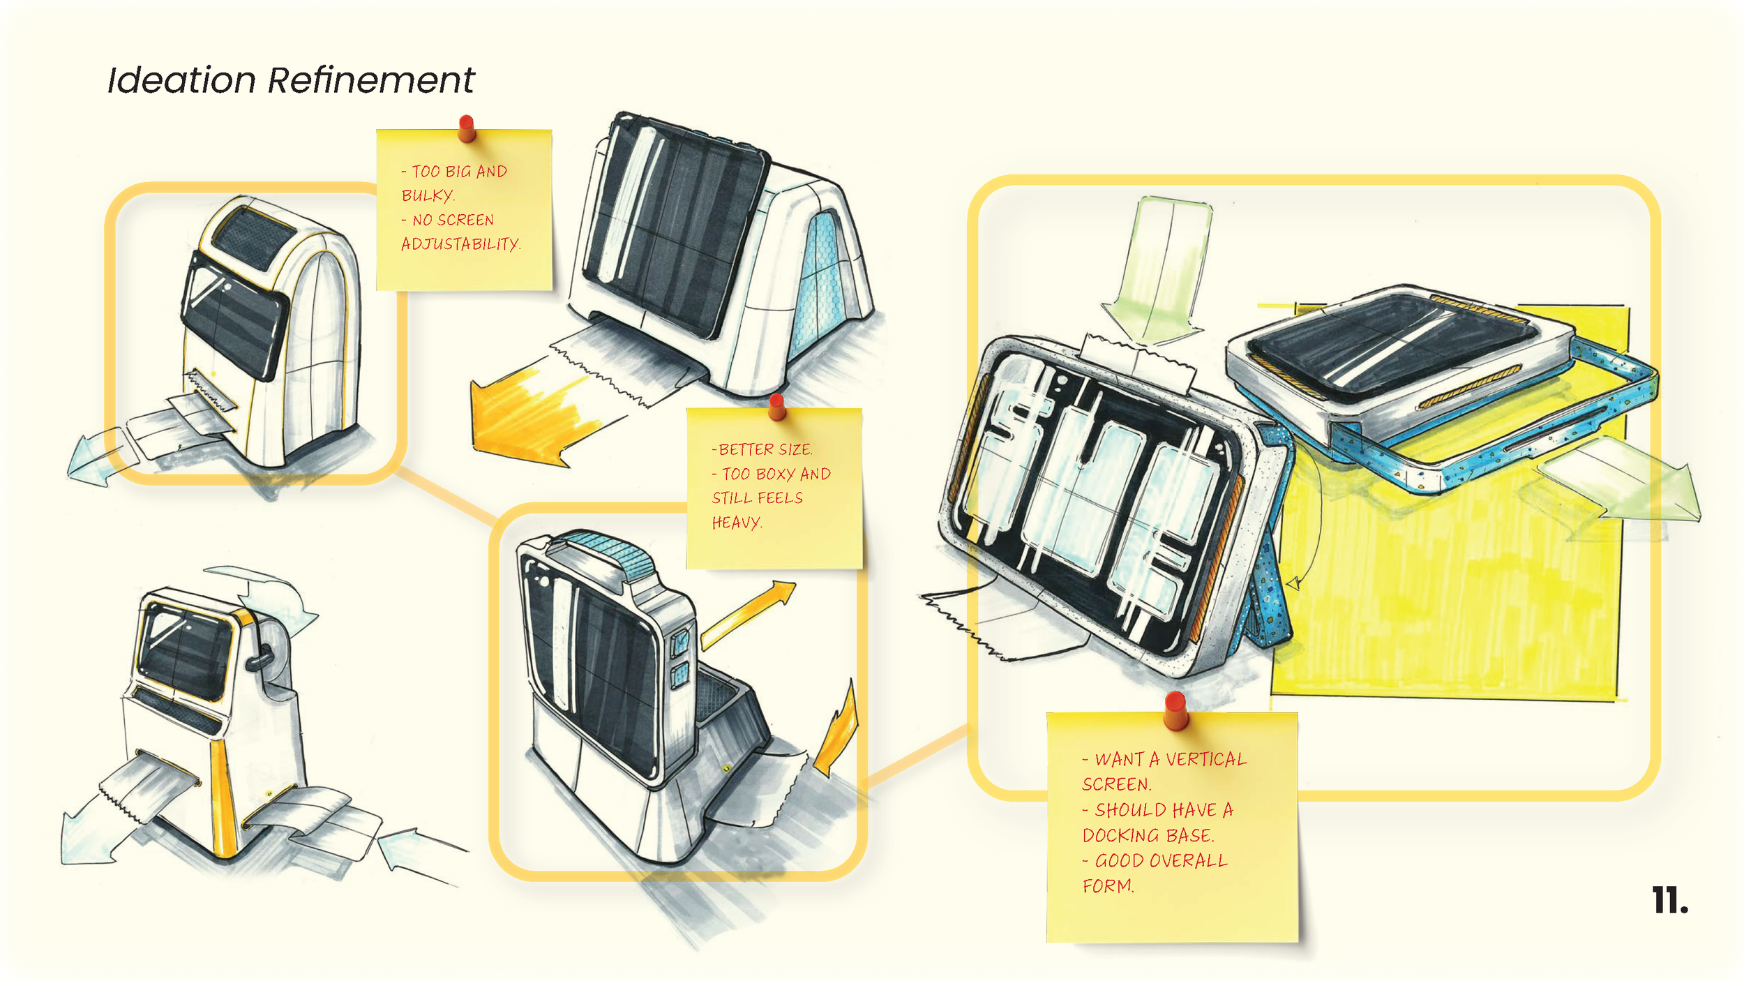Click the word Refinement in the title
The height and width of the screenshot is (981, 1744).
[x=370, y=80]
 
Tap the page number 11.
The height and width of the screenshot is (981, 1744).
[x=1669, y=901]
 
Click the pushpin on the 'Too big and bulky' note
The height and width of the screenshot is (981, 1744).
[x=467, y=128]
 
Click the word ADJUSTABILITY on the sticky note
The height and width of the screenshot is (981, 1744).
[x=460, y=244]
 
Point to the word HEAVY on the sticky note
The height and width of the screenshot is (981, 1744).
[x=736, y=523]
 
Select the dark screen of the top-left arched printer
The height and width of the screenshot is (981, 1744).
[x=234, y=314]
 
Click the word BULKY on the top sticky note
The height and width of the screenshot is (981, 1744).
[x=427, y=195]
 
